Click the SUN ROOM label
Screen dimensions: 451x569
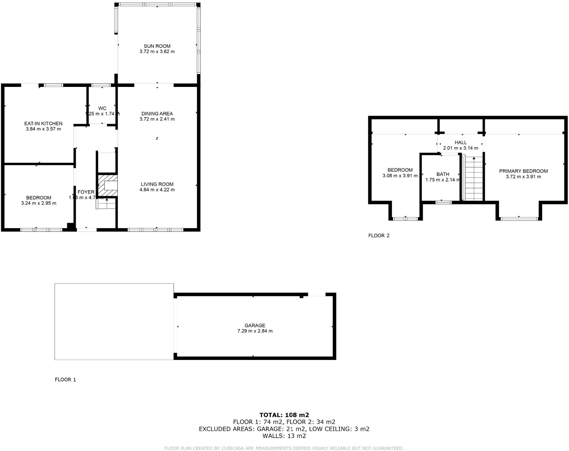coord(157,46)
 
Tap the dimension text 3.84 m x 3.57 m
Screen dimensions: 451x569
coord(43,129)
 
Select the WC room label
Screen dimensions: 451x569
coord(102,108)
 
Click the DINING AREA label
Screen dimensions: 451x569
coord(157,114)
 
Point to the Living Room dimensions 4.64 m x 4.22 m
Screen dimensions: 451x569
coord(157,190)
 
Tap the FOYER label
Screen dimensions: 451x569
coord(86,192)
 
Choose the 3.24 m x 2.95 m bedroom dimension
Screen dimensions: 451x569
coord(39,203)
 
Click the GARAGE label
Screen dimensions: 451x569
coord(255,325)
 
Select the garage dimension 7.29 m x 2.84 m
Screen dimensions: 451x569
coord(255,331)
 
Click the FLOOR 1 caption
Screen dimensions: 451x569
coord(65,379)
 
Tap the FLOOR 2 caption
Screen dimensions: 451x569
coord(379,235)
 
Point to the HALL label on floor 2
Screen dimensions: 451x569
coord(460,142)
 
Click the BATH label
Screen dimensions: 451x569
coord(443,174)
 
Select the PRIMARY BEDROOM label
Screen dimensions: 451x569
coord(523,171)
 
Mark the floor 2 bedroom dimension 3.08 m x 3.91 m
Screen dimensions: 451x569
coord(400,176)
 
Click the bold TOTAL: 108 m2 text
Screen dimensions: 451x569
coord(284,415)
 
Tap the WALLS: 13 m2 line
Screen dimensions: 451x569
coord(284,436)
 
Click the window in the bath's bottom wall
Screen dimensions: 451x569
coord(443,202)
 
